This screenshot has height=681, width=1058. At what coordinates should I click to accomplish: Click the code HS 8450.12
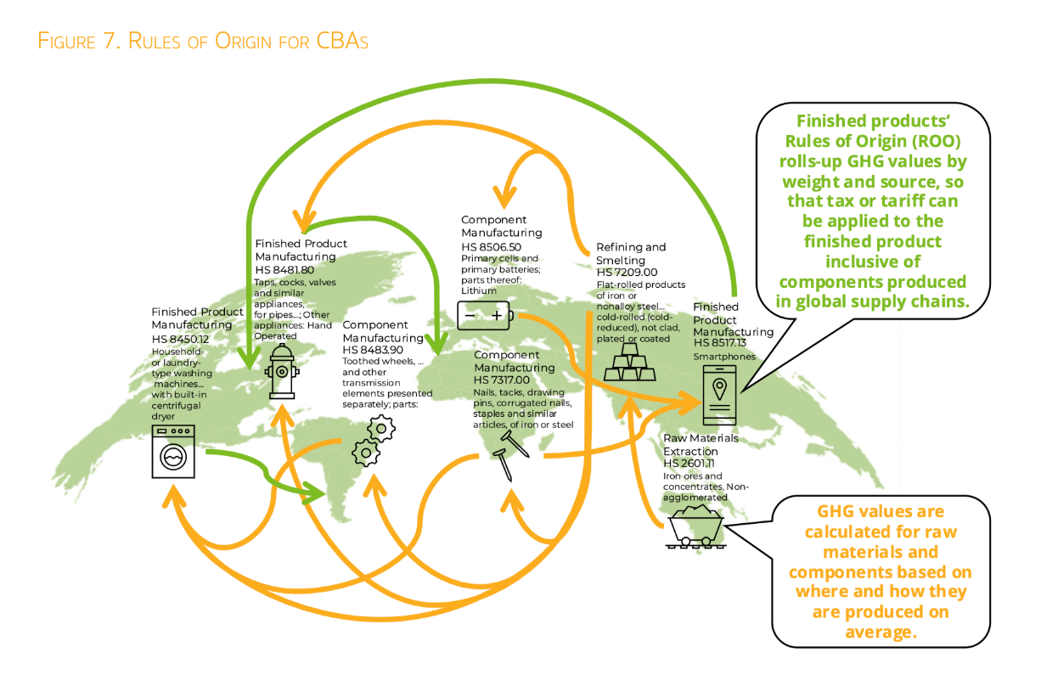click(180, 338)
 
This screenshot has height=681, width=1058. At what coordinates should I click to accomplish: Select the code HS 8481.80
click(284, 270)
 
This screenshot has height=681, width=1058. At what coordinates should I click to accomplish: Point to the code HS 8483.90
click(371, 338)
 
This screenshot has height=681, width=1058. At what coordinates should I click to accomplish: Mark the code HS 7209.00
click(627, 273)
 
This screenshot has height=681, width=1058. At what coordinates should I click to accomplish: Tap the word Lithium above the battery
click(479, 290)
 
